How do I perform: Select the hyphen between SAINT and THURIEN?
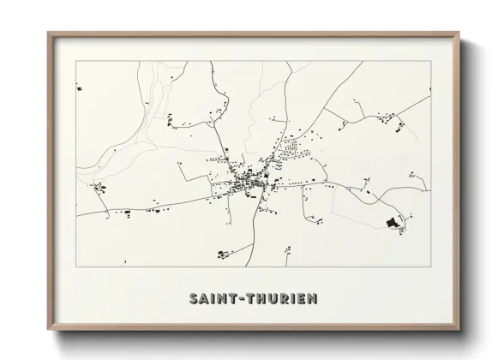click(243, 299)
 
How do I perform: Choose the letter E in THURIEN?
click(304, 299)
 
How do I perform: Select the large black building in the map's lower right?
click(392, 223)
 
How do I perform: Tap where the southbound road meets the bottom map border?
click(249, 266)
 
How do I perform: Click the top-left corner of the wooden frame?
click(49, 33)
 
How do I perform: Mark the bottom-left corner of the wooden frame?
click(49, 329)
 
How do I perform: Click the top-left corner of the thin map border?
click(76, 61)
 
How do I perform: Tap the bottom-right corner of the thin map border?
click(430, 266)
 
